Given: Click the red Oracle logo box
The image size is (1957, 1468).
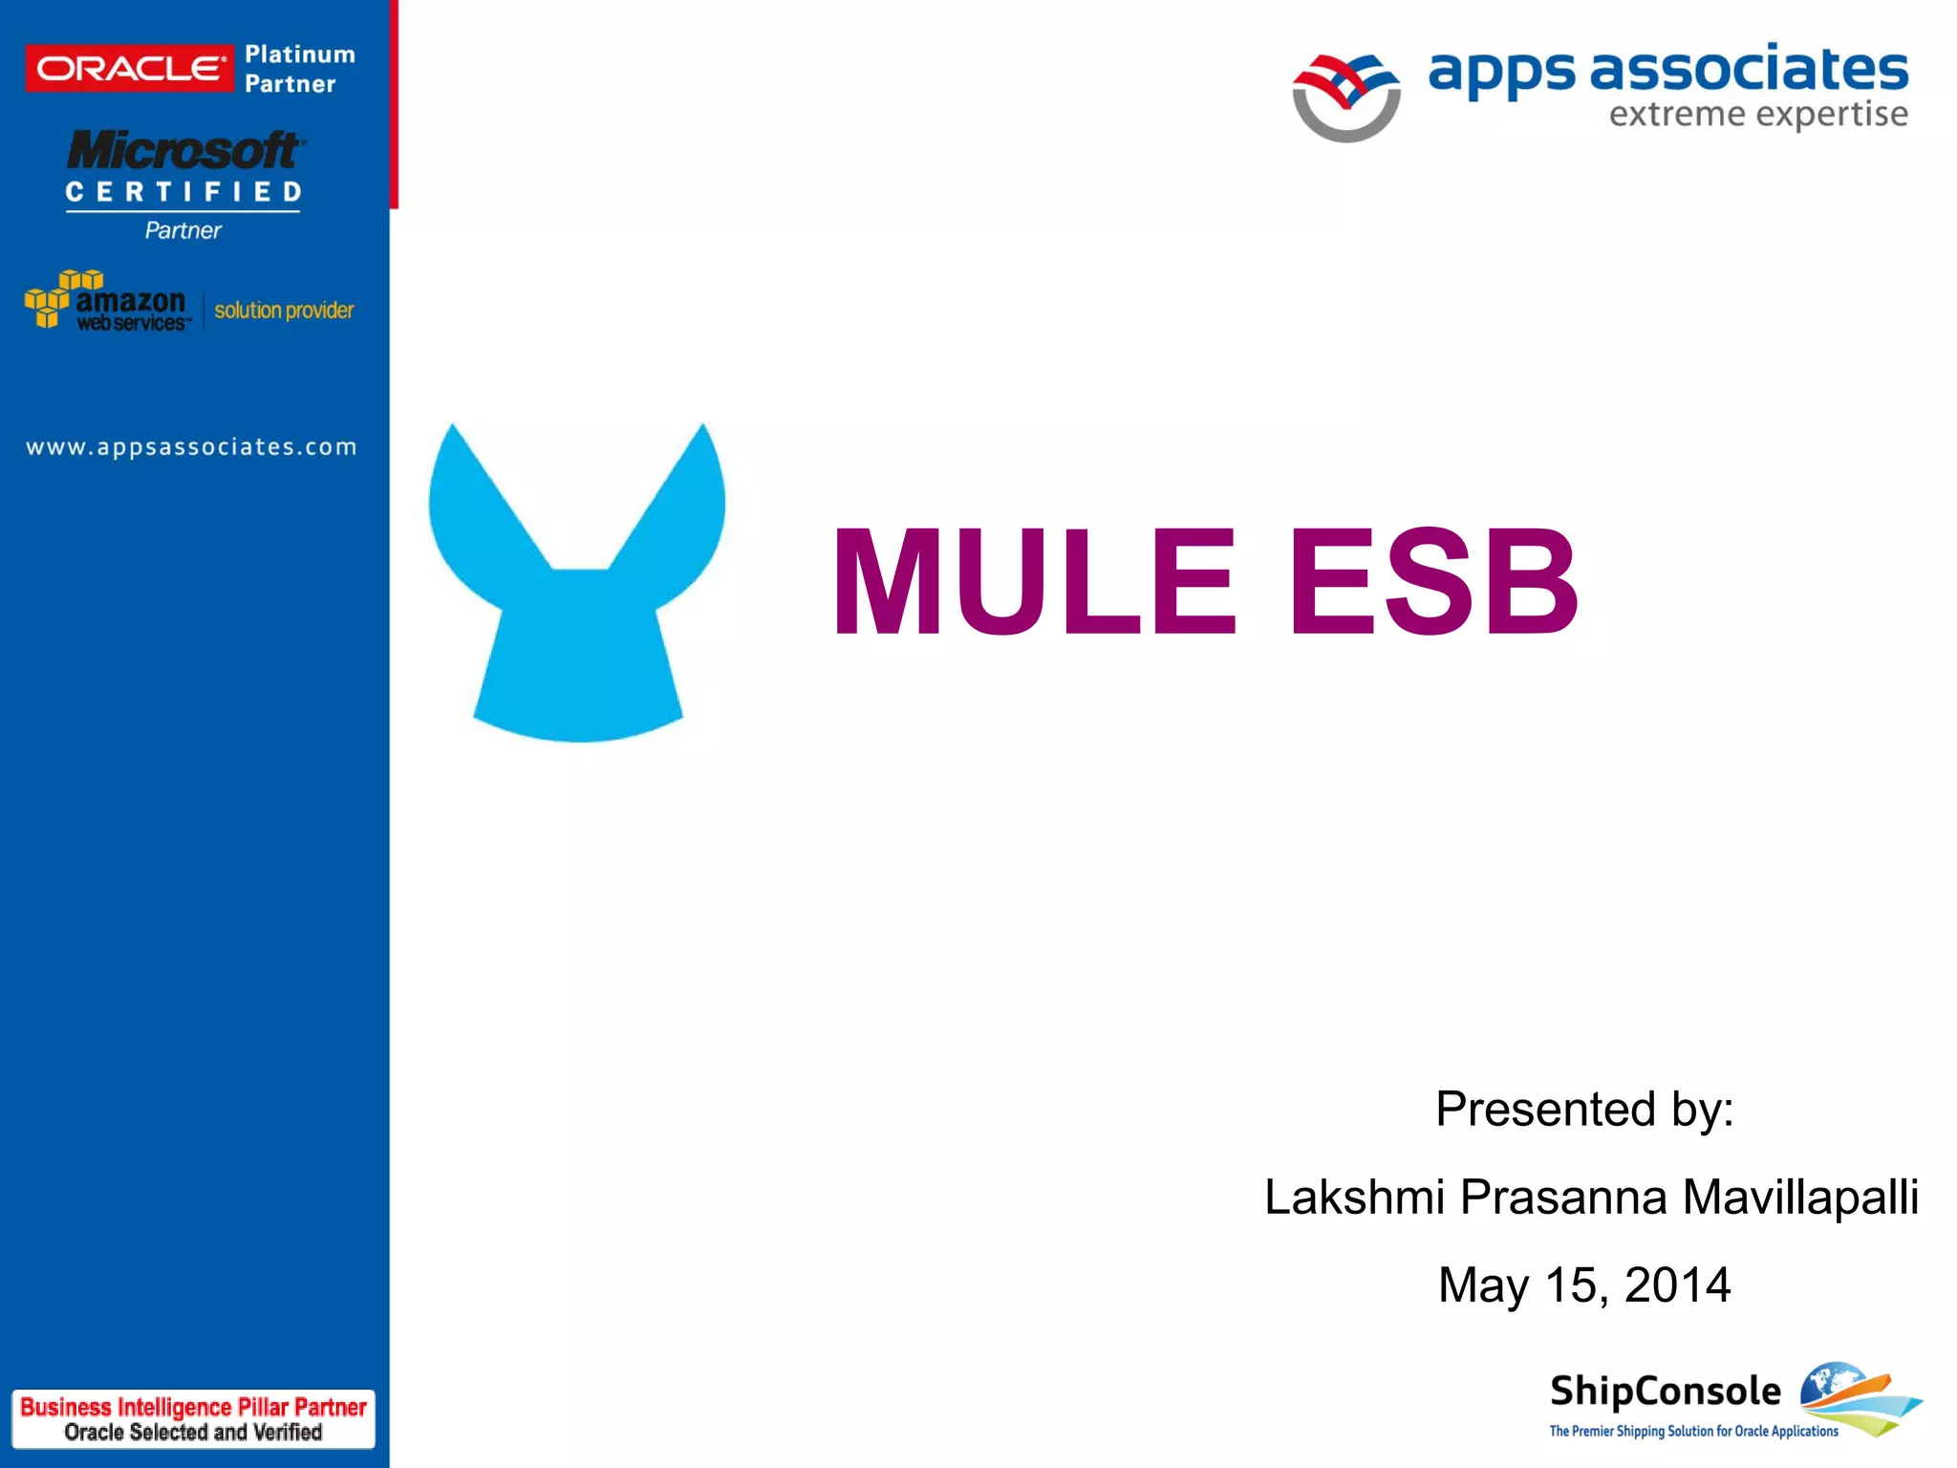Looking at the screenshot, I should (x=129, y=69).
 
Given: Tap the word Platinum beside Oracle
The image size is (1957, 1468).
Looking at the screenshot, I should (x=299, y=54).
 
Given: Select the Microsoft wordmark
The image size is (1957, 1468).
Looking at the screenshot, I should (x=184, y=151).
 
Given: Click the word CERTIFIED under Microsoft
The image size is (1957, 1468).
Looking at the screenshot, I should (x=183, y=192).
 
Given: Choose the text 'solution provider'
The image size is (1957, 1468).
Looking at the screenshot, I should (x=284, y=311).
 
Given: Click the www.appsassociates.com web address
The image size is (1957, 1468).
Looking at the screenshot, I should (x=191, y=447).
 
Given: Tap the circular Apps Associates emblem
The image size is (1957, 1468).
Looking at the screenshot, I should (x=1345, y=97).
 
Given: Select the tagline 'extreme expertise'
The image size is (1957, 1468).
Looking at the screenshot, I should (x=1757, y=115).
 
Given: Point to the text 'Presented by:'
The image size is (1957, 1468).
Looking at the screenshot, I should (x=1584, y=1109).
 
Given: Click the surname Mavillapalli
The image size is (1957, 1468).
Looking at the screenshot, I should (x=1800, y=1197).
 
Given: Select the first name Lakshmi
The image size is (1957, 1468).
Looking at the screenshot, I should (x=1354, y=1197).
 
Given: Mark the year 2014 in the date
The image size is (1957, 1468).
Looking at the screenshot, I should (x=1677, y=1284).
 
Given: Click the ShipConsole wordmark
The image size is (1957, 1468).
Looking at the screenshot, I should (x=1665, y=1391).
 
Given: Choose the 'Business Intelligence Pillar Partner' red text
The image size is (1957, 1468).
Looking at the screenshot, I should (x=193, y=1407).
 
